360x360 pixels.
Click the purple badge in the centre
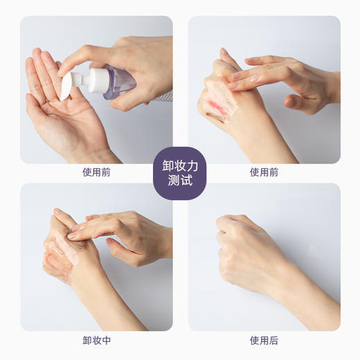point(180,173)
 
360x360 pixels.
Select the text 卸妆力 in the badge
point(180,166)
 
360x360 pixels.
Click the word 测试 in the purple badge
point(180,181)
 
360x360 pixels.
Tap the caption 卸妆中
point(96,340)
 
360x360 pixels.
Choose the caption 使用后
point(264,340)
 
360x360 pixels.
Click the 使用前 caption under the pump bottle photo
point(96,172)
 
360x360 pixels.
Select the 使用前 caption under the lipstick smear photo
point(264,172)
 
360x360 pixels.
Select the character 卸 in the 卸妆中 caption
point(87,340)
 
